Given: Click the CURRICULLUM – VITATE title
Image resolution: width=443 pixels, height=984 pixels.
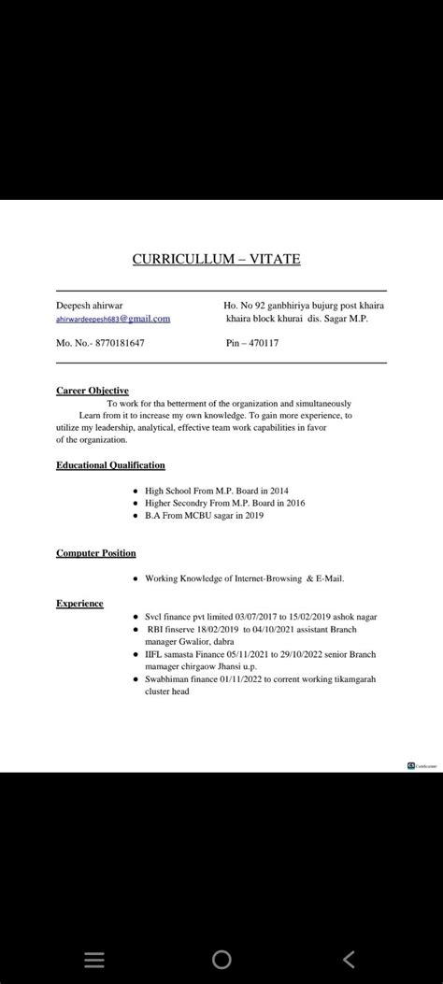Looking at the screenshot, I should (x=216, y=258).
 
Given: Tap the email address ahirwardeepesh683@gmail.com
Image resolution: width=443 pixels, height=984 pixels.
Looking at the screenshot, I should (x=113, y=319).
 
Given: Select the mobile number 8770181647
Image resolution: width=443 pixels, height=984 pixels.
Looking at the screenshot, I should (x=116, y=343).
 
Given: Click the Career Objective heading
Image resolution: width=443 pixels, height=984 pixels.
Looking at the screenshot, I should (x=93, y=390).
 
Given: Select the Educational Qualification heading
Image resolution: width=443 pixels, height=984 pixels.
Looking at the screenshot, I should (x=110, y=464).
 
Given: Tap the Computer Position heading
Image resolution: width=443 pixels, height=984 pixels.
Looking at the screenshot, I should (x=96, y=553).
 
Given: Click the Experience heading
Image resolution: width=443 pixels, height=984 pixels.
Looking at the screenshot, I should (x=79, y=604).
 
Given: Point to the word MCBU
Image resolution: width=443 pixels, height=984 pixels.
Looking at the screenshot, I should (x=193, y=516).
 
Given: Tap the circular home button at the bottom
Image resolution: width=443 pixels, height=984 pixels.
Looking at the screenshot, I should (x=221, y=959).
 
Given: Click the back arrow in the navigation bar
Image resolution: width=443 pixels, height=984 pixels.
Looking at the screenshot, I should (x=350, y=959).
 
